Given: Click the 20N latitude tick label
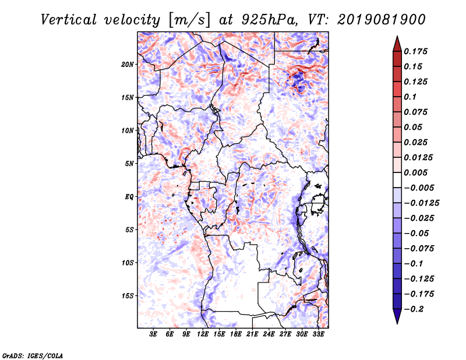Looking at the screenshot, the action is pyautogui.click(x=128, y=65).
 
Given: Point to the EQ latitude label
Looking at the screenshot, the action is pyautogui.click(x=129, y=197).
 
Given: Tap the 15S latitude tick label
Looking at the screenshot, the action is pyautogui.click(x=128, y=296).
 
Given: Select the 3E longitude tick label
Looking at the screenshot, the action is pyautogui.click(x=153, y=334).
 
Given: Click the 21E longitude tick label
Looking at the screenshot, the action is pyautogui.click(x=252, y=334).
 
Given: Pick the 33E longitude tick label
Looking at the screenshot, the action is pyautogui.click(x=318, y=334).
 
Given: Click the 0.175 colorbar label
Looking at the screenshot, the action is pyautogui.click(x=415, y=51).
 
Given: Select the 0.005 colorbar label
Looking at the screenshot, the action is pyautogui.click(x=415, y=172).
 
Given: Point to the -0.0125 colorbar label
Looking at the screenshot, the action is pyautogui.click(x=421, y=203).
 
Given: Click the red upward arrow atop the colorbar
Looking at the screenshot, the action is pyautogui.click(x=397, y=44).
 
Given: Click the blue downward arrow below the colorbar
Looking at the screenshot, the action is pyautogui.click(x=397, y=316).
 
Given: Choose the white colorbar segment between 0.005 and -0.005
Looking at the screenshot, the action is pyautogui.click(x=397, y=180).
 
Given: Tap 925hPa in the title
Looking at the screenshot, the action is pyautogui.click(x=269, y=20).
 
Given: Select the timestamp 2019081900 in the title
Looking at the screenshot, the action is pyautogui.click(x=382, y=20).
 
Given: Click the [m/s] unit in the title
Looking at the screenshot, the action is pyautogui.click(x=189, y=20).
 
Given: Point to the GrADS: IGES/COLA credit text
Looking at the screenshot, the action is pyautogui.click(x=33, y=356).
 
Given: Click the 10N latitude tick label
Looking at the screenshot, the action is pyautogui.click(x=128, y=131).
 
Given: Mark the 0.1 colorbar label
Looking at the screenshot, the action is pyautogui.click(x=410, y=97).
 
